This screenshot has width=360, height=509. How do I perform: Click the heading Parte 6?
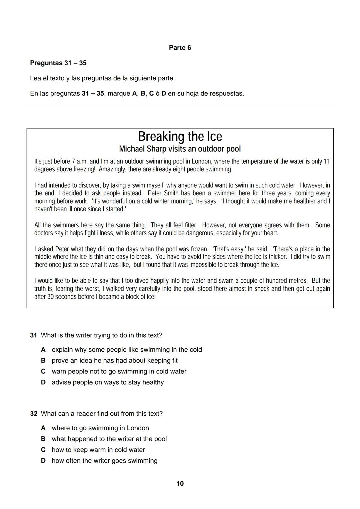(180, 48)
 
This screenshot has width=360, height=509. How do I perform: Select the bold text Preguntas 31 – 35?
(58, 63)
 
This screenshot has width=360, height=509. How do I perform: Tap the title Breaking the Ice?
(180, 136)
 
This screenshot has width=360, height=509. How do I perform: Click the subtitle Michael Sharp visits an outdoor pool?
(180, 149)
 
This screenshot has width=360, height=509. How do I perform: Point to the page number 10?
(180, 483)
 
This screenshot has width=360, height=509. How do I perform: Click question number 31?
(33, 335)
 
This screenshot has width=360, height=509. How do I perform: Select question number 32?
(33, 414)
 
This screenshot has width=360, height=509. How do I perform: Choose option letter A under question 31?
(43, 350)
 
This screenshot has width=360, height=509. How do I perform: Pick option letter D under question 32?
(43, 461)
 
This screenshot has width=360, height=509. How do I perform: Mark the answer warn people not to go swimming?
(119, 371)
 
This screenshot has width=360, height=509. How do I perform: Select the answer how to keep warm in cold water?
(98, 450)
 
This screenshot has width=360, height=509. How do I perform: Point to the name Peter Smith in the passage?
(164, 193)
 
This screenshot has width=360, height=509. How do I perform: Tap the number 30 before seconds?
(50, 297)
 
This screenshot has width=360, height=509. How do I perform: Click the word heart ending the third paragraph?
(270, 233)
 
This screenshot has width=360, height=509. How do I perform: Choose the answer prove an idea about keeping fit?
(114, 360)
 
